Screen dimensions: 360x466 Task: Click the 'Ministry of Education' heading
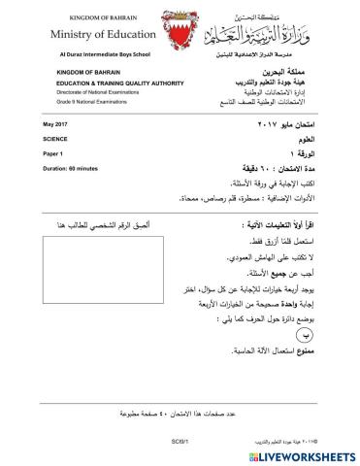(x=77, y=35)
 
